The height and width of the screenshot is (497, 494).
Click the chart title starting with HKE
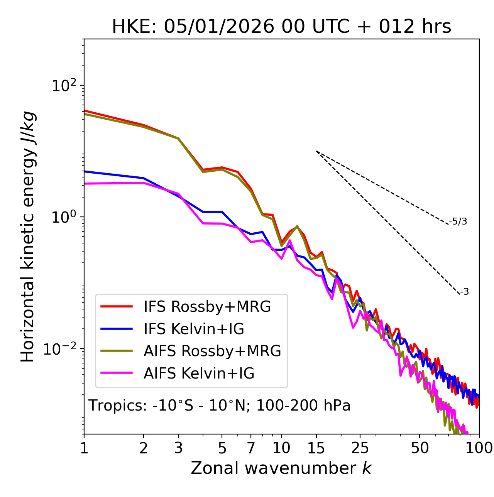coord(281,27)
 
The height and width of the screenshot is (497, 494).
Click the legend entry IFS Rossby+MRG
coord(207,307)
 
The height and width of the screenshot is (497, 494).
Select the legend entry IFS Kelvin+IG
coord(194,329)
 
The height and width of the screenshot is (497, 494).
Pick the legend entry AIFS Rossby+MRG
coord(212,351)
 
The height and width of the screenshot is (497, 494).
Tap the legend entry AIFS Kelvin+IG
coord(199,374)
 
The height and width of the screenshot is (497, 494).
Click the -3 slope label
coord(465,292)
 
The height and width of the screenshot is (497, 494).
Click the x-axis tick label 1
coord(84,448)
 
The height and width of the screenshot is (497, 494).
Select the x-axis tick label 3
coord(178,448)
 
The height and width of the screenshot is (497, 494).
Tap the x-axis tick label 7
coord(251,448)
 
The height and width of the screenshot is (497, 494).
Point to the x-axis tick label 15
coord(316,448)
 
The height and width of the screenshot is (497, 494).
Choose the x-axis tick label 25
coord(360,448)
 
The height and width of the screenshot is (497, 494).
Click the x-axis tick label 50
coord(420,448)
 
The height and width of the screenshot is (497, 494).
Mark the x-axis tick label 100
coord(479,448)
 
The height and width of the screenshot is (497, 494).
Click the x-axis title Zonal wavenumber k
coord(281,468)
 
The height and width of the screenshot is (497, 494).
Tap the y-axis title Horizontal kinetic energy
coord(28,237)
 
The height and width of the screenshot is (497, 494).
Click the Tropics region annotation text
coord(220,406)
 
